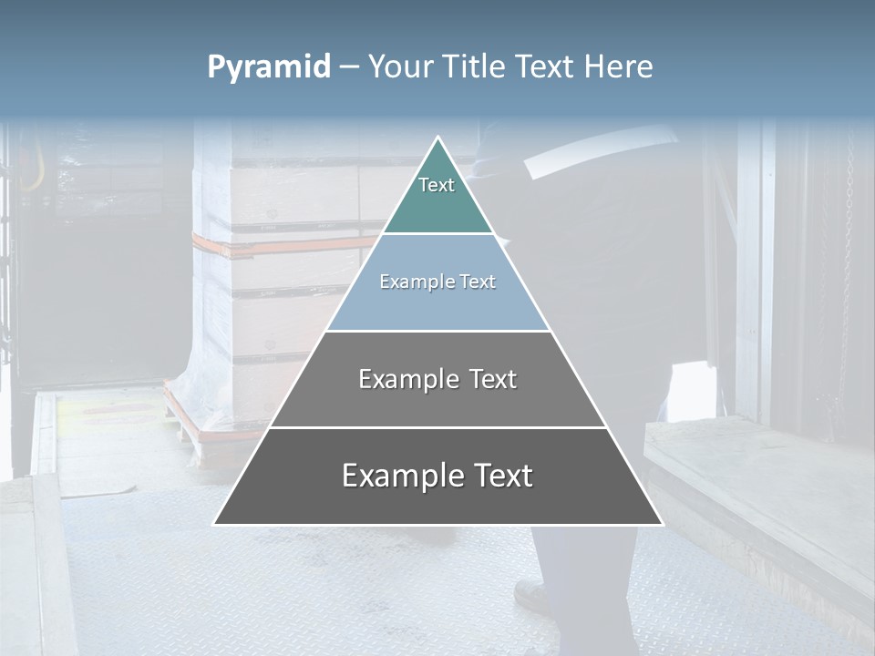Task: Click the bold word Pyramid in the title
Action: (x=269, y=67)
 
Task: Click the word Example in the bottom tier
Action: (x=396, y=476)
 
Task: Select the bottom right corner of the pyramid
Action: (x=661, y=523)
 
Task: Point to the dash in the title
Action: (x=349, y=67)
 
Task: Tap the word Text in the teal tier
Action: (x=437, y=185)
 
